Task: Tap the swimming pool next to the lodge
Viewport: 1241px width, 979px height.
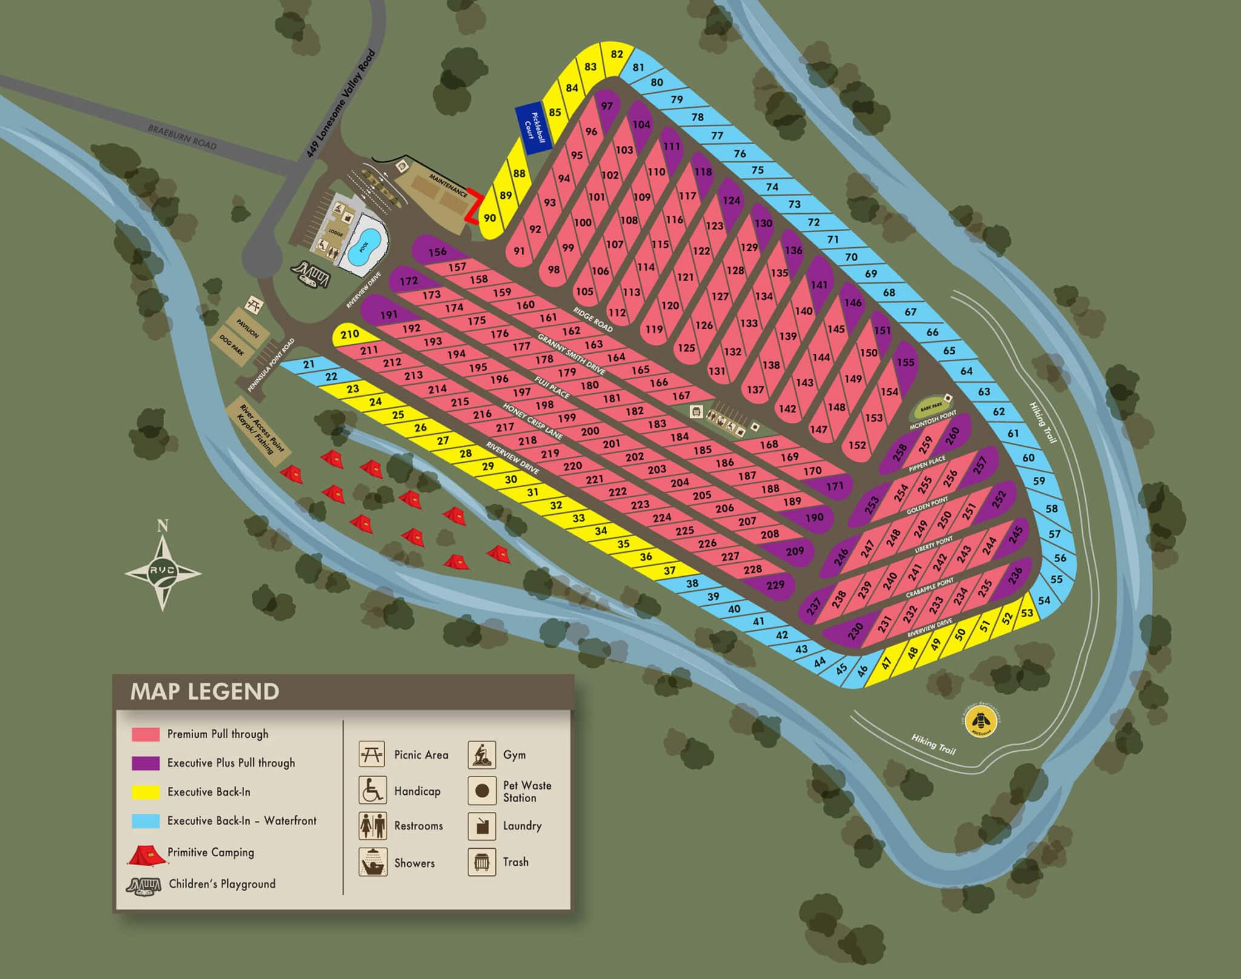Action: click(364, 244)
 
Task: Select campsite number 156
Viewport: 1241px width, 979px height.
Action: click(437, 251)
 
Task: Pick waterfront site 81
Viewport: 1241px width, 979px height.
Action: click(638, 67)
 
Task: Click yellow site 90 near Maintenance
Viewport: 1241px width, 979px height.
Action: click(490, 219)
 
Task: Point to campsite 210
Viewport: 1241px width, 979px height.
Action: click(350, 334)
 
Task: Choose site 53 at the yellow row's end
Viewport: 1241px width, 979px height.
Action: click(1026, 612)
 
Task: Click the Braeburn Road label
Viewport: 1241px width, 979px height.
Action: click(182, 137)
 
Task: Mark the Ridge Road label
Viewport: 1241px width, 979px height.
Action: click(593, 319)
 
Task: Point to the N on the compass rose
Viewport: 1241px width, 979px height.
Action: click(162, 525)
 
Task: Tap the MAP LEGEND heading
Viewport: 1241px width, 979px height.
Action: click(205, 691)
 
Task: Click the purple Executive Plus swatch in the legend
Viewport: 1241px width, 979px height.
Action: click(145, 763)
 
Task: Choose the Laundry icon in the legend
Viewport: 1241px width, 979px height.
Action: click(482, 826)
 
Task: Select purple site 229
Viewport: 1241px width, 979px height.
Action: click(775, 585)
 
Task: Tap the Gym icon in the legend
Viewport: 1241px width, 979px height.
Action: click(482, 755)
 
